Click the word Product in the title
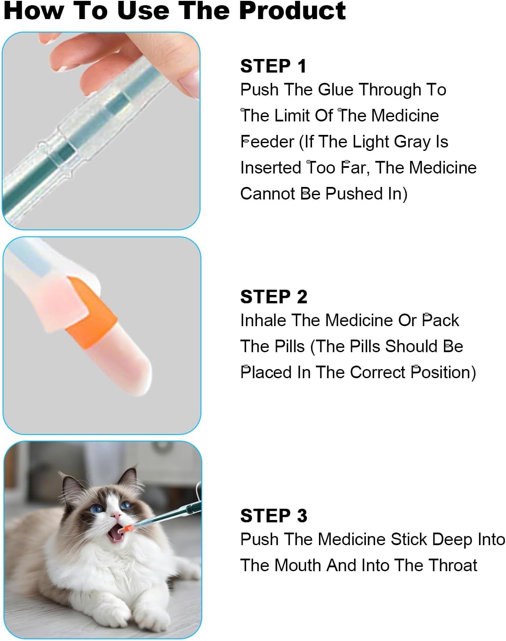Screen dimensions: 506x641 coord(292,11)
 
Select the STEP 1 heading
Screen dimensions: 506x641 coord(273,66)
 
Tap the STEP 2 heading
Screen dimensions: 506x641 coord(273,297)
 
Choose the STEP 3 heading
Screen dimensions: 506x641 coord(273,516)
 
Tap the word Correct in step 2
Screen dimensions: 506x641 coord(378,373)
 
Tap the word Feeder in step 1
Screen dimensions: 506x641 coord(267,141)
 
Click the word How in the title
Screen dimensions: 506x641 coord(33,11)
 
